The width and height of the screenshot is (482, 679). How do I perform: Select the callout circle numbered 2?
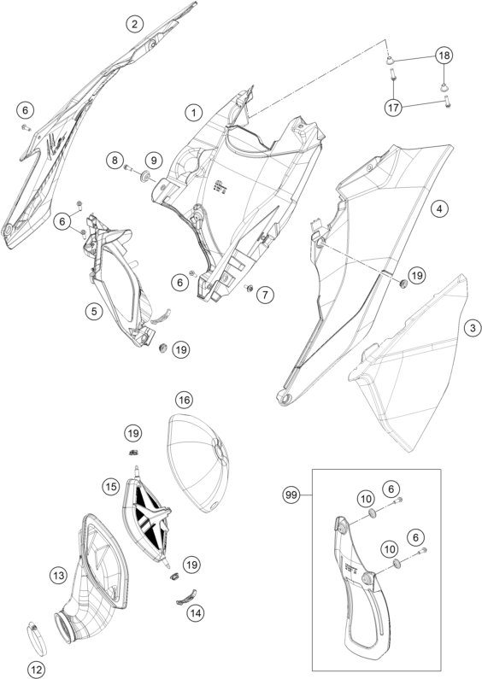click(x=135, y=24)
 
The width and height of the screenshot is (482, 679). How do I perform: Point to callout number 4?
click(x=439, y=208)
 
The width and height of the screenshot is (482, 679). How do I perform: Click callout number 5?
click(x=94, y=311)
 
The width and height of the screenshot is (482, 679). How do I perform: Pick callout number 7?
click(x=265, y=295)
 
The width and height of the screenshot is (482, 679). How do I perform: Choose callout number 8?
click(x=115, y=161)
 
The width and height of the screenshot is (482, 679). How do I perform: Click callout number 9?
click(x=154, y=161)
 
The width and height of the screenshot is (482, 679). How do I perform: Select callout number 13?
click(x=58, y=576)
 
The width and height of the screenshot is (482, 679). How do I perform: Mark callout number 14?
click(x=196, y=612)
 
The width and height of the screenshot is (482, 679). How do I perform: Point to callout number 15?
click(x=111, y=487)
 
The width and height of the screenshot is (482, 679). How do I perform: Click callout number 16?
click(x=185, y=400)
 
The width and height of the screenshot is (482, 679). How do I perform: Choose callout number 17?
click(x=394, y=108)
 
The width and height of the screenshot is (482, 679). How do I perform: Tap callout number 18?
click(x=444, y=56)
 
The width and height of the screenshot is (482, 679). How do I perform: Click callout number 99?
click(x=291, y=495)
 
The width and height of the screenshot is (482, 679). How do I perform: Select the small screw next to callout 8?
click(x=128, y=167)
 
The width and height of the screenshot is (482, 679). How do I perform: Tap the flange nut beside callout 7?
click(x=250, y=288)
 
